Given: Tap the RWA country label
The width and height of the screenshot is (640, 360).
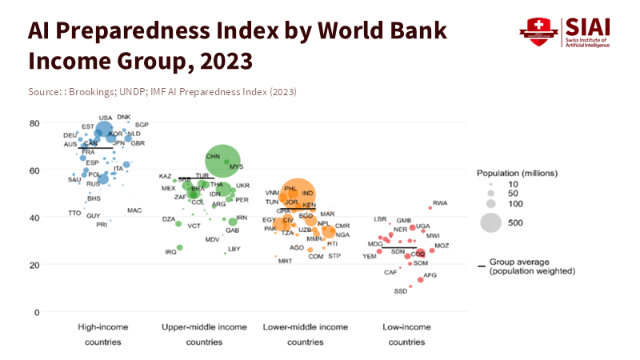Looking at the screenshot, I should [x=440, y=203].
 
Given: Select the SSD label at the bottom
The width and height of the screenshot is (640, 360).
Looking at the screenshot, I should [x=401, y=291].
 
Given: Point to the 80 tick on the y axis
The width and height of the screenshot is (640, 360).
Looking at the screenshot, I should [x=35, y=123].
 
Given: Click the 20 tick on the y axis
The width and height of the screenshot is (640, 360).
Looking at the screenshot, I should [x=35, y=265].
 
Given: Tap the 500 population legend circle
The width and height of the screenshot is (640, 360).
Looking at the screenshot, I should [x=490, y=223].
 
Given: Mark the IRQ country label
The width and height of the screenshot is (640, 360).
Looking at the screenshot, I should [x=170, y=252].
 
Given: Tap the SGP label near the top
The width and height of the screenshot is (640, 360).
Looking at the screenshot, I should [x=142, y=126].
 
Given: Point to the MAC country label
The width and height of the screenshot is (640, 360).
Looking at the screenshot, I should [x=134, y=210].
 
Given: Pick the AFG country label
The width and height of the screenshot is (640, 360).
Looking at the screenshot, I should [x=430, y=275].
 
